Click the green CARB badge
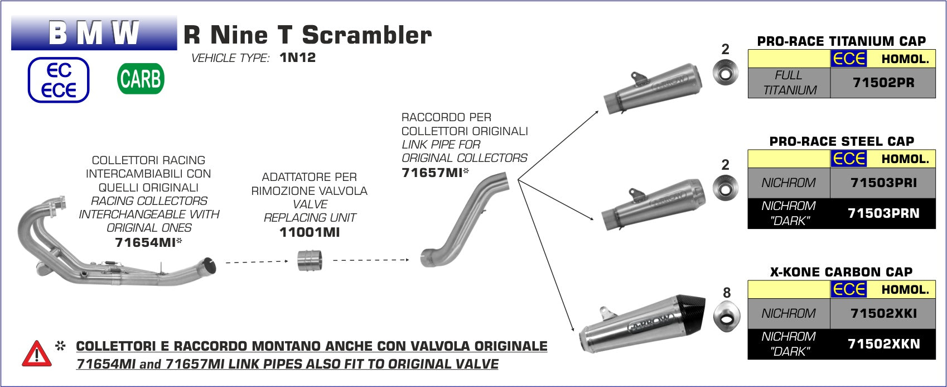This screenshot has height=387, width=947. tap(141, 79)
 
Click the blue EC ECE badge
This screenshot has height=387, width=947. tap(59, 80)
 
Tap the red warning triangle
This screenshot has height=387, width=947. tap(37, 353)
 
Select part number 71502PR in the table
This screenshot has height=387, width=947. tap(883, 83)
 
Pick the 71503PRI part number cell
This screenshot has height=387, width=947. tap(883, 183)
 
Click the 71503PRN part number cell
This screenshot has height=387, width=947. tap(883, 213)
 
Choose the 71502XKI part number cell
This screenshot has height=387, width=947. tap(883, 313)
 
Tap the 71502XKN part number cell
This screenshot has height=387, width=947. tap(883, 344)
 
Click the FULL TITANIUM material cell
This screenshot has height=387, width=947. tap(789, 83)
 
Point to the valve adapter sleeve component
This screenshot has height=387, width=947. tap(310, 260)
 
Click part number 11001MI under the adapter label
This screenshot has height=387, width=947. tap(310, 232)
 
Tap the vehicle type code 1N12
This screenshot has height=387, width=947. tap(298, 58)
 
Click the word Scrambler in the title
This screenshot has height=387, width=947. tap(367, 35)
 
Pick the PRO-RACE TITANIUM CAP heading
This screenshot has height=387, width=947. tap(841, 41)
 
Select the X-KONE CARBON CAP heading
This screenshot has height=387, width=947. tap(841, 272)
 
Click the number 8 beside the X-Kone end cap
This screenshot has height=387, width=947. tap(727, 293)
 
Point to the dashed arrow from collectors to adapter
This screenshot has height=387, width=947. tap(257, 262)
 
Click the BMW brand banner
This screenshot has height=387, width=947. tap(94, 32)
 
